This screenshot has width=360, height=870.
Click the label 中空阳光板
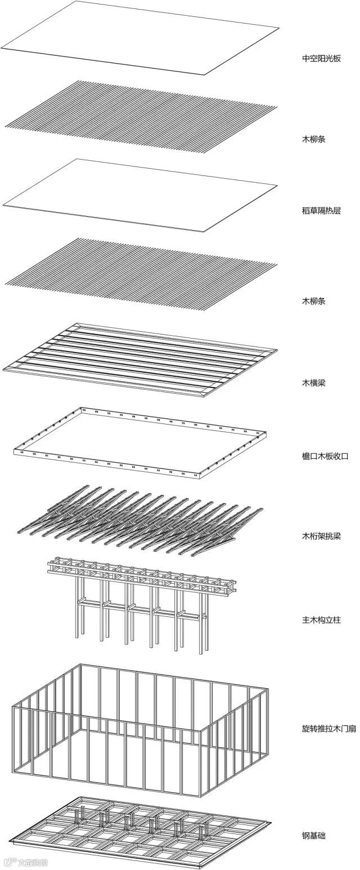pos(321,58)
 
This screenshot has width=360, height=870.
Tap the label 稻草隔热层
pos(321,211)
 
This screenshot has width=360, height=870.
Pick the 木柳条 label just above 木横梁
pos(313,301)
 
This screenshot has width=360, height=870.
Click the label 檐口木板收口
pos(325,456)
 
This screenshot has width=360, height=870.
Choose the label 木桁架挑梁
pos(321,536)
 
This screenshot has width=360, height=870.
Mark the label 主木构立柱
pos(321,620)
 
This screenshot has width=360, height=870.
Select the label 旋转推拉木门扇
pos(328,728)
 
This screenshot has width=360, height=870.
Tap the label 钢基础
pos(313,836)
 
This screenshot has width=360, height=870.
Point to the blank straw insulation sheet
pos(141,194)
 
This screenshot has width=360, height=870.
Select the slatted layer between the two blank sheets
pos(141,115)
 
